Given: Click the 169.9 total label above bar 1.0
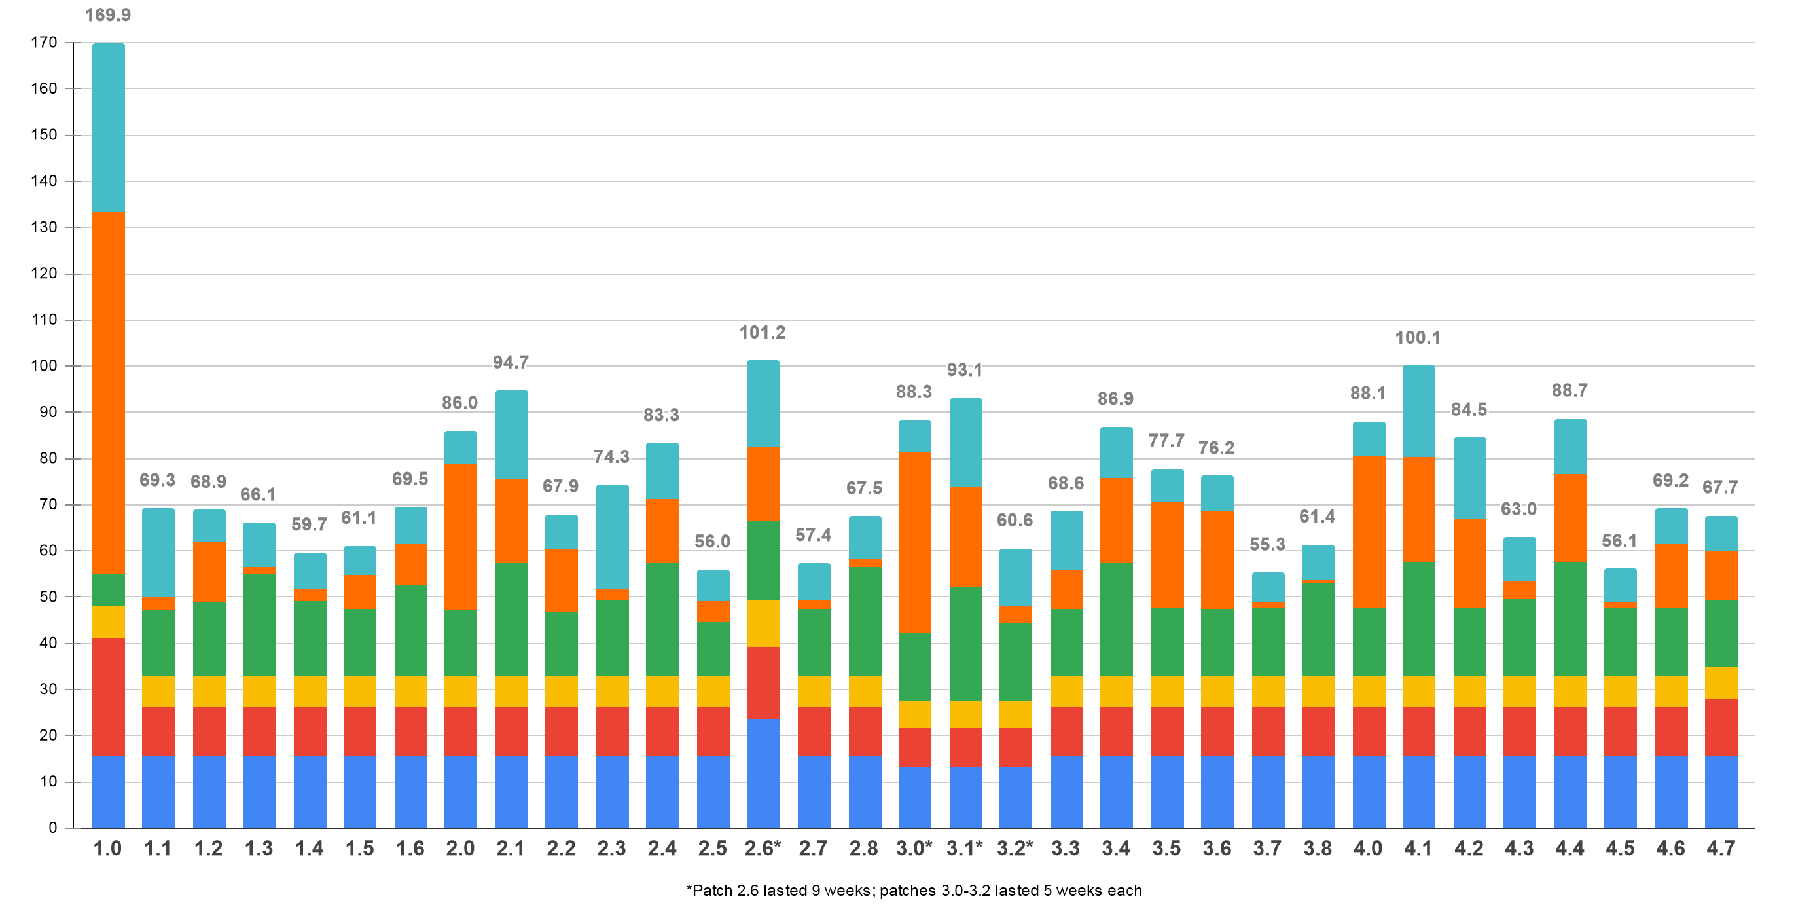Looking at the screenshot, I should [x=107, y=14].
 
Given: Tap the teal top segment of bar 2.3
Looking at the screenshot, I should [x=612, y=537].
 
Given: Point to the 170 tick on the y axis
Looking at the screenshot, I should [x=44, y=43].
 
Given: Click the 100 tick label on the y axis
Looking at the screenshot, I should [x=44, y=365].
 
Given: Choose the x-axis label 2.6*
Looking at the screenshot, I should [x=762, y=848].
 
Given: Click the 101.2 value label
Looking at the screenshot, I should [x=762, y=333].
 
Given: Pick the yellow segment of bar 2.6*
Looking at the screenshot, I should [x=763, y=623].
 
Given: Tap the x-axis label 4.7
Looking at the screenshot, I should [x=1720, y=848].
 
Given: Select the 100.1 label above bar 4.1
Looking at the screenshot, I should [x=1418, y=337].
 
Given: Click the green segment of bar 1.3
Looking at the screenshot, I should [x=259, y=624].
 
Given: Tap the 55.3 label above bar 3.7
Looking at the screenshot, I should [x=1267, y=544].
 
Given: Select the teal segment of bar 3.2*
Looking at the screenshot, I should [x=1015, y=578].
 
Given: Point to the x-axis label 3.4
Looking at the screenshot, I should [x=1115, y=848].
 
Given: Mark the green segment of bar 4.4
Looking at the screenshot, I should [x=1570, y=618].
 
